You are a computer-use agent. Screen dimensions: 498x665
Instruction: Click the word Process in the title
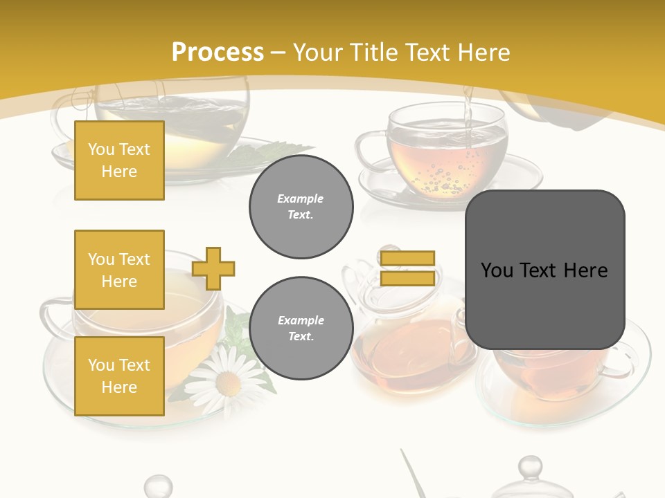pos(218,53)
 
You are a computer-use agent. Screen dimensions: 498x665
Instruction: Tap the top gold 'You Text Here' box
pos(119,160)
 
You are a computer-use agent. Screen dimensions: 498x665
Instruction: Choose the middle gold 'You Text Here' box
pos(119,270)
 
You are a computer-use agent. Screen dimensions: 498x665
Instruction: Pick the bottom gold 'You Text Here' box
pos(119,376)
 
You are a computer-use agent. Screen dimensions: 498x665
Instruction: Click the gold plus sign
pos(213,268)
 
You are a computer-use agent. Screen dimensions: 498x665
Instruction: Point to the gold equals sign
pos(408,268)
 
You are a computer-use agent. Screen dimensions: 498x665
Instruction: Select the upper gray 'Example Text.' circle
pos(301,207)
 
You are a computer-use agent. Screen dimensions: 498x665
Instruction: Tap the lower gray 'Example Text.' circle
pos(301,329)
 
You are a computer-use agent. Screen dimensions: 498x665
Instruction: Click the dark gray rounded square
pos(544,269)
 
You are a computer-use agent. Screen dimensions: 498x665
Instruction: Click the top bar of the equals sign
pos(408,259)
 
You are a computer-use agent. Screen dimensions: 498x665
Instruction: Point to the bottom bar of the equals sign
pos(408,278)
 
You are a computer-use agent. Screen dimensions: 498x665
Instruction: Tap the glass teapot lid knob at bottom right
pos(530,467)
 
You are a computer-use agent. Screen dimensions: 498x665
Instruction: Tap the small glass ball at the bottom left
pos(158,486)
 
